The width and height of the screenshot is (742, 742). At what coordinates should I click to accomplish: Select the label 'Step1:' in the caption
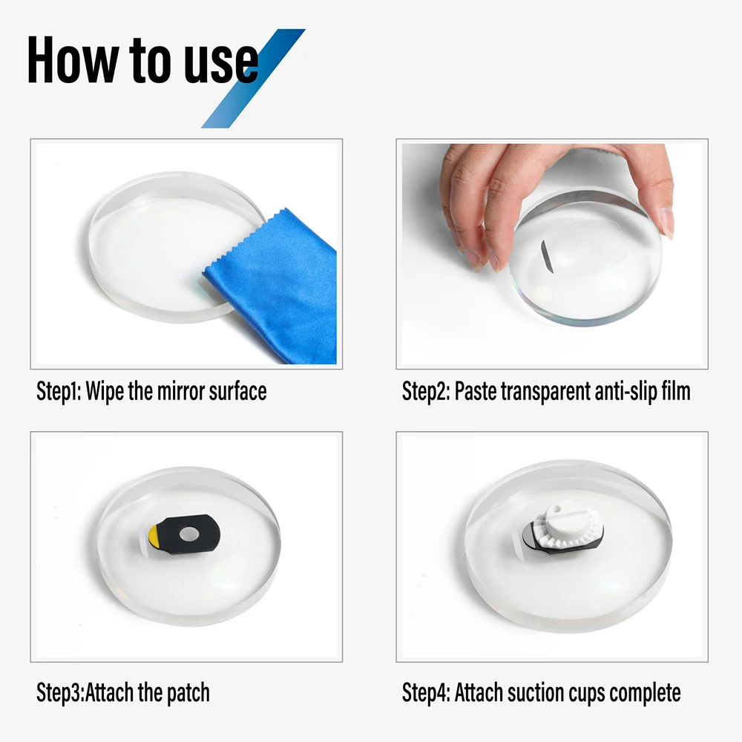click(x=59, y=391)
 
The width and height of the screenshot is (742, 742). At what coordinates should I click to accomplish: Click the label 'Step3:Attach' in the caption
click(x=86, y=693)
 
